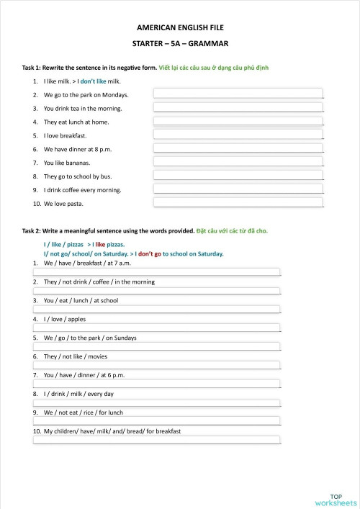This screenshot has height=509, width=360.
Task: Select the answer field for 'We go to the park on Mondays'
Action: [x=238, y=94]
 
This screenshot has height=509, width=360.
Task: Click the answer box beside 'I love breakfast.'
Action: [x=238, y=135]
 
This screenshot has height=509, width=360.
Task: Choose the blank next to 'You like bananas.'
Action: [x=238, y=163]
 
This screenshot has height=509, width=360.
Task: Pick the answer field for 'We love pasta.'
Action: [x=238, y=204]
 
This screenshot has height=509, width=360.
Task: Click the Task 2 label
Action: [x=36, y=231]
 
